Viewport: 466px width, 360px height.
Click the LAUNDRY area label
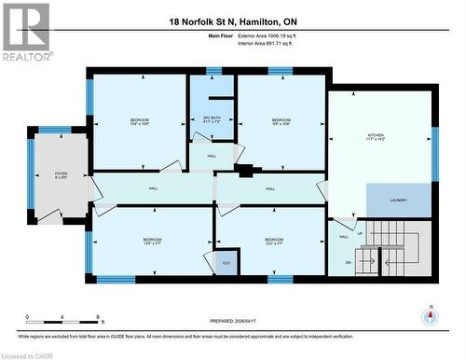click(x=399, y=200)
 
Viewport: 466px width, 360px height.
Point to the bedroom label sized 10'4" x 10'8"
click(x=140, y=121)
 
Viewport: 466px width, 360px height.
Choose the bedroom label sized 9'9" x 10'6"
click(x=281, y=121)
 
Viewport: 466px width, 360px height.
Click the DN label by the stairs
click(x=349, y=263)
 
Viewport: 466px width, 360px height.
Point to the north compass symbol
click(x=429, y=317)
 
